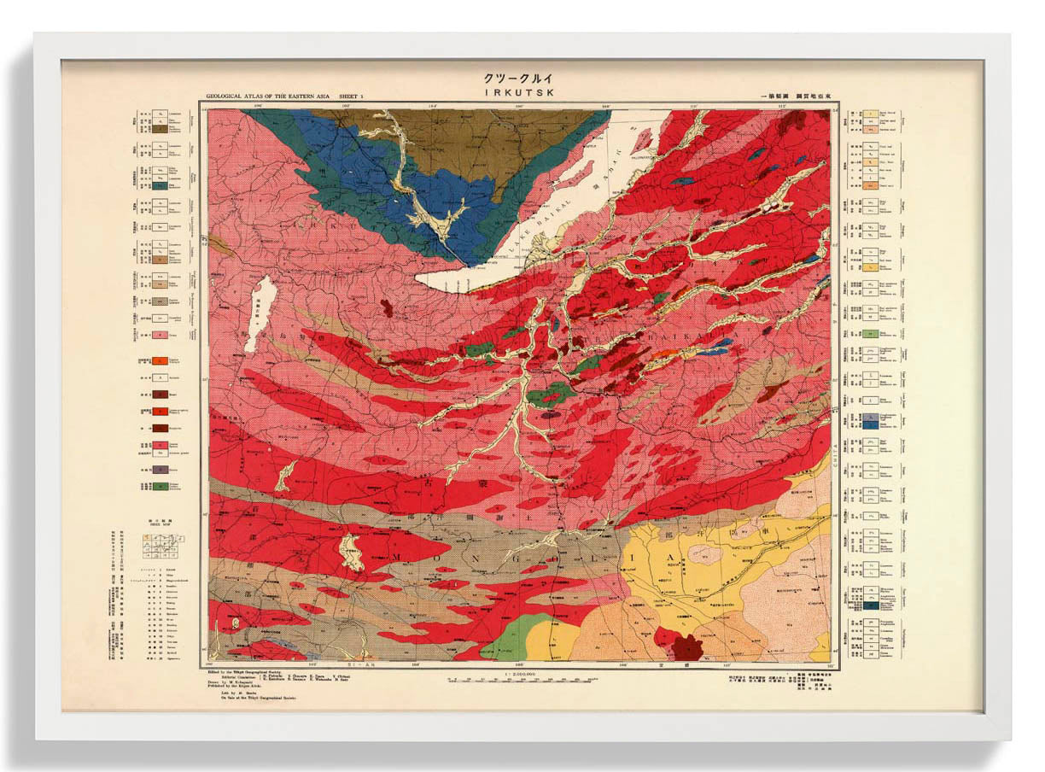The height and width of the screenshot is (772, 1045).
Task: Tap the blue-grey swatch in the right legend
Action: click(870, 424)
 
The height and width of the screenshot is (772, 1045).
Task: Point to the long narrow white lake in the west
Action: click(260, 313)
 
